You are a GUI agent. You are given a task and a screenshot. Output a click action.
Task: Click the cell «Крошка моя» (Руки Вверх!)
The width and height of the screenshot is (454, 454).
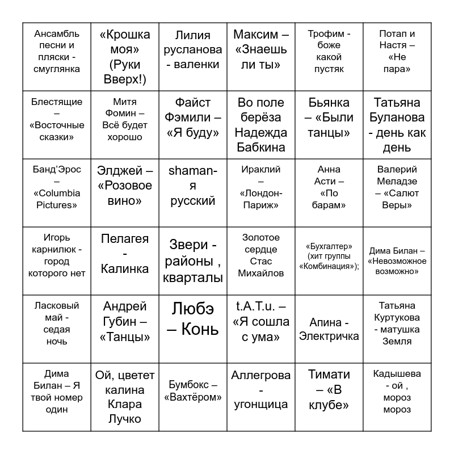coord(125,57)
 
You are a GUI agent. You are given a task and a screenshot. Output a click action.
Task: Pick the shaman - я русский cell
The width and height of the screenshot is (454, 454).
coord(193,193)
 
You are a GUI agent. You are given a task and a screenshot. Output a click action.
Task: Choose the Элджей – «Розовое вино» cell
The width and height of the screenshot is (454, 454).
coord(125,193)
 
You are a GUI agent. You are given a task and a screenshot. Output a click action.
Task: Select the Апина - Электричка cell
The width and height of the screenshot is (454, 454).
coord(329,329)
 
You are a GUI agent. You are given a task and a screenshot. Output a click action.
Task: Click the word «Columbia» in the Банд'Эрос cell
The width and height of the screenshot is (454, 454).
coord(57,193)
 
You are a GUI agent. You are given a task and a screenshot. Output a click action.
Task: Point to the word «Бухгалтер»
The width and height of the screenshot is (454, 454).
coord(329,246)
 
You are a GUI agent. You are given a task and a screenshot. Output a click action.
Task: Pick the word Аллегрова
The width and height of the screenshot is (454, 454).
coord(261,375)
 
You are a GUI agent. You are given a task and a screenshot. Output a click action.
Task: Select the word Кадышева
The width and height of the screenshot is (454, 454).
coord(397,373)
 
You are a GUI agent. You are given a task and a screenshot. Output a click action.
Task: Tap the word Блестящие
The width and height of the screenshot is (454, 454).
coord(57,102)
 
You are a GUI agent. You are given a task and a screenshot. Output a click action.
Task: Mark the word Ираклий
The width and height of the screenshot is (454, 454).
coord(261,169)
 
